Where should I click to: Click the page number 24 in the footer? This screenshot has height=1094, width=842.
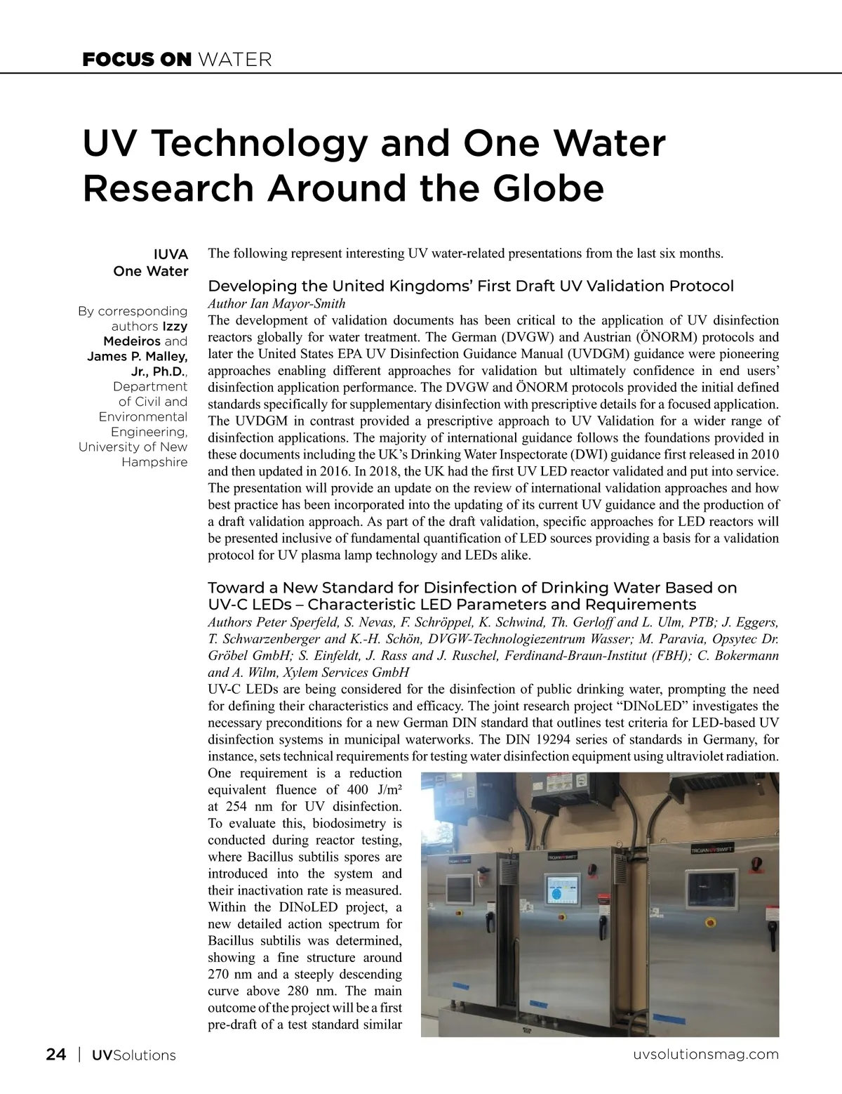[56, 1055]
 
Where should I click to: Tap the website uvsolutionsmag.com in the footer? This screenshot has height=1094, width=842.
[706, 1055]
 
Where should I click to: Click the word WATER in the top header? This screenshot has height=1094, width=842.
[235, 60]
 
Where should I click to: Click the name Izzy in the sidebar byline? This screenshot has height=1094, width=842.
[175, 327]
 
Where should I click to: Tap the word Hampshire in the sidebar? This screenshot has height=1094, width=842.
[154, 462]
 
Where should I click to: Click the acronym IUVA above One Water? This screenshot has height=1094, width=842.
[171, 254]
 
